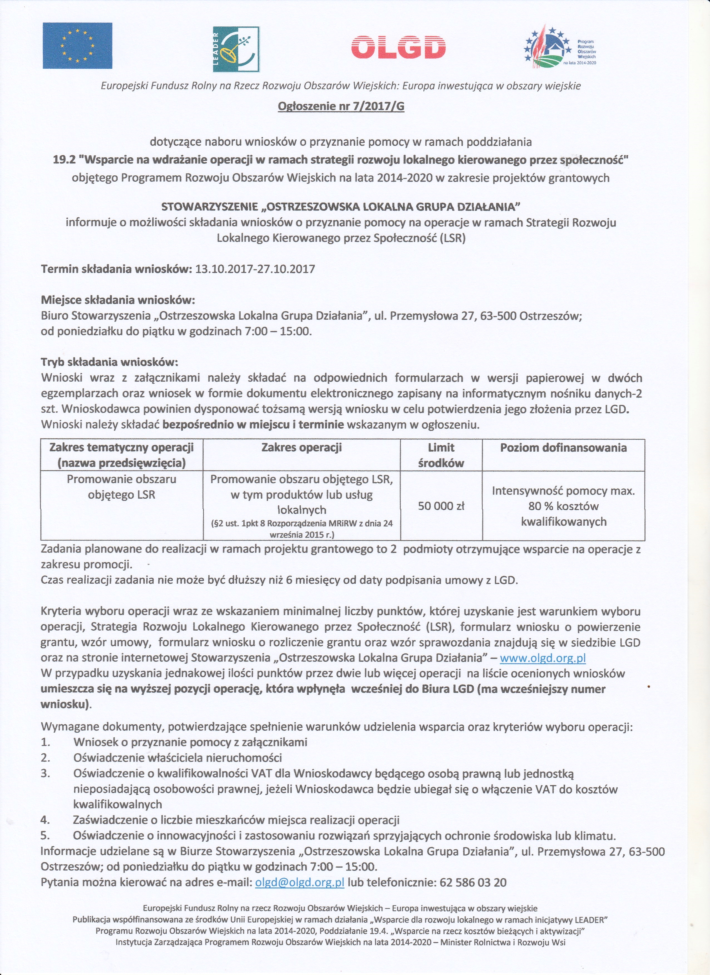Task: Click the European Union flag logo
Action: [x=77, y=46]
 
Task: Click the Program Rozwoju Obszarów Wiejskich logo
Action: [x=559, y=47]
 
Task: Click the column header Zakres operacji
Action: [x=301, y=447]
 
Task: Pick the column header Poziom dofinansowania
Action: [x=563, y=447]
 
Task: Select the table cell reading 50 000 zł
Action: [x=441, y=506]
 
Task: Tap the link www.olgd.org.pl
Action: [x=543, y=658]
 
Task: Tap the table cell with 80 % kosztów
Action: [x=563, y=506]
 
